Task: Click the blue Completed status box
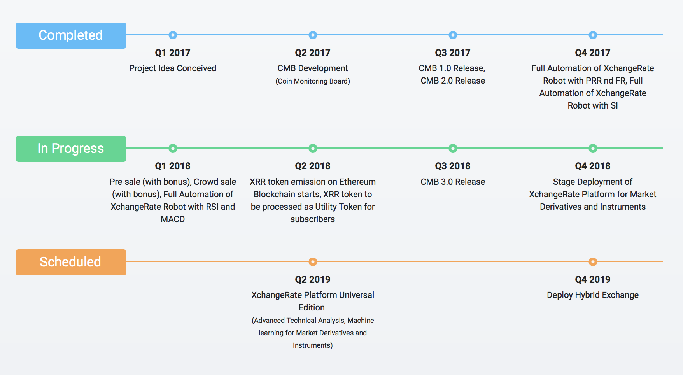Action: (71, 35)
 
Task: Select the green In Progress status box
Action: (71, 149)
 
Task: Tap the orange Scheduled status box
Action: (71, 262)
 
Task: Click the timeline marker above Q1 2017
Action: (173, 35)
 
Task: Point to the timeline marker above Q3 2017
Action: (453, 35)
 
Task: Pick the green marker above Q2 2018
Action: (313, 148)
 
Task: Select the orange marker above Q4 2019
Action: (593, 262)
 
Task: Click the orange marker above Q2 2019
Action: (313, 262)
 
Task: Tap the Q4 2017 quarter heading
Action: (593, 53)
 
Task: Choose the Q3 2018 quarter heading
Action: (453, 166)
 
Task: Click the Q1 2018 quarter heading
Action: (173, 166)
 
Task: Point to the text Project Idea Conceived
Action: (173, 68)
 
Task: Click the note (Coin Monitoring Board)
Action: (313, 81)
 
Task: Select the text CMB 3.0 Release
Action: (453, 182)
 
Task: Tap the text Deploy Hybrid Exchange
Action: (593, 295)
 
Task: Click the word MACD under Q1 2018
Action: (173, 219)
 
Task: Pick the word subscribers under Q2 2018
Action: (313, 219)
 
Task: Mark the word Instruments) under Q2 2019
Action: (313, 345)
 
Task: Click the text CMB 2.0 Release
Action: (453, 81)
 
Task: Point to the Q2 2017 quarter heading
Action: (313, 53)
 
